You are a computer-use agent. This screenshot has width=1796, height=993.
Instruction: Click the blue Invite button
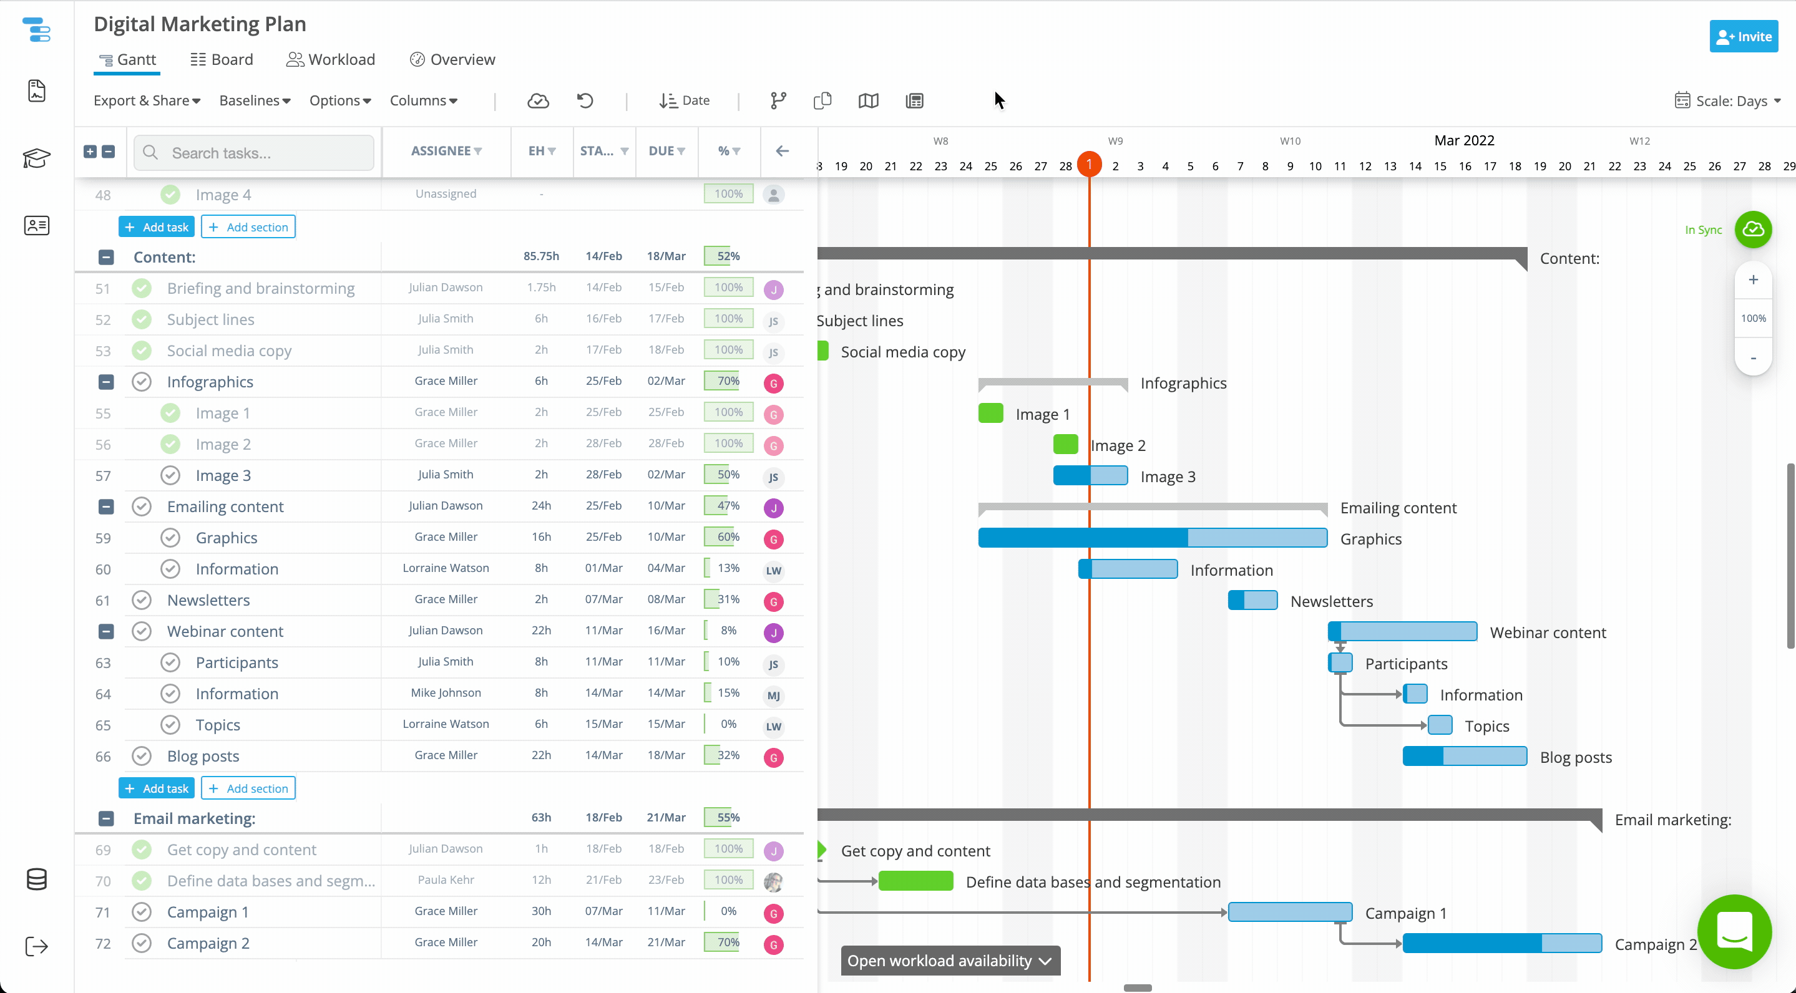(1743, 37)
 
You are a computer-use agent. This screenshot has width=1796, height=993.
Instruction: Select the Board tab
(222, 59)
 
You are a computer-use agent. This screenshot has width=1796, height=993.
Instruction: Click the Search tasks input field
(265, 153)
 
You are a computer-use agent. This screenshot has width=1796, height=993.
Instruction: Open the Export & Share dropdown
(147, 100)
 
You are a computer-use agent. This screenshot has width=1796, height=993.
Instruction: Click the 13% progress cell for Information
(728, 568)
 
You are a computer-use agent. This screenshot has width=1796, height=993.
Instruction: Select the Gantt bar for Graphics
(1152, 537)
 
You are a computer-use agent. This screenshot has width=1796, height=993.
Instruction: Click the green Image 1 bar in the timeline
(990, 413)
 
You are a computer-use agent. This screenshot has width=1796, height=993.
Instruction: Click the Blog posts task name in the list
(203, 756)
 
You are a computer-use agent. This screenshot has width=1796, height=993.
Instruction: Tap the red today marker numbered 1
(1089, 165)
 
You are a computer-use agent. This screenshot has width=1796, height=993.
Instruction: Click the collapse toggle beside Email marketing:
(106, 818)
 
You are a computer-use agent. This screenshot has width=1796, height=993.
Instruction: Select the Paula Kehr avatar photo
(773, 881)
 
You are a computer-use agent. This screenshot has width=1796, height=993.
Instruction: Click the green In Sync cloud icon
(1753, 230)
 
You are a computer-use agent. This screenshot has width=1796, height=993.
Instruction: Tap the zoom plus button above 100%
(1753, 280)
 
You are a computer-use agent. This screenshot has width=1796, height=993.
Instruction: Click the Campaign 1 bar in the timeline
(1289, 911)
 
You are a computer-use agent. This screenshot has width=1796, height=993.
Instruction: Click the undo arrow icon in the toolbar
(585, 100)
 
